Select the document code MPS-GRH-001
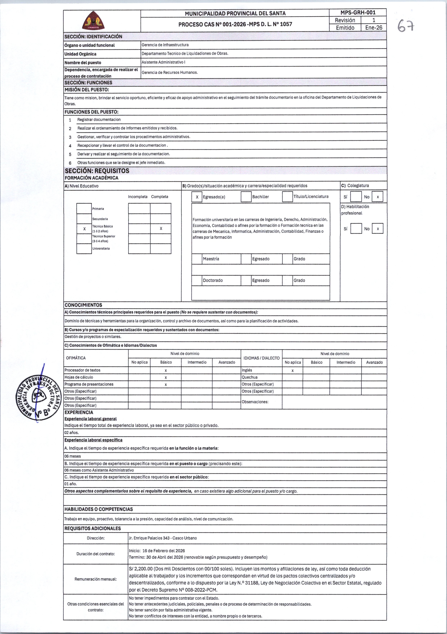[x=358, y=12]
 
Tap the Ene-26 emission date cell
[x=373, y=28]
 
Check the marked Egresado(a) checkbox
[x=197, y=197]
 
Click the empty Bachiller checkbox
[x=246, y=197]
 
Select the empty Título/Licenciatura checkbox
[x=287, y=197]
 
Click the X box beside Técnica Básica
[x=84, y=229]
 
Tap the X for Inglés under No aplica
[x=292, y=371]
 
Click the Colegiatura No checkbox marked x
[x=377, y=197]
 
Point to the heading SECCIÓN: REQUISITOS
[x=97, y=171]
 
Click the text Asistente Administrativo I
[x=163, y=62]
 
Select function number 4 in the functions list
[x=70, y=146]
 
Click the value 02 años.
[x=72, y=432]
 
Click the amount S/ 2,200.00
[x=141, y=569]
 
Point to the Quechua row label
[x=249, y=377]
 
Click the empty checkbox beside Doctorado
[x=197, y=280]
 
